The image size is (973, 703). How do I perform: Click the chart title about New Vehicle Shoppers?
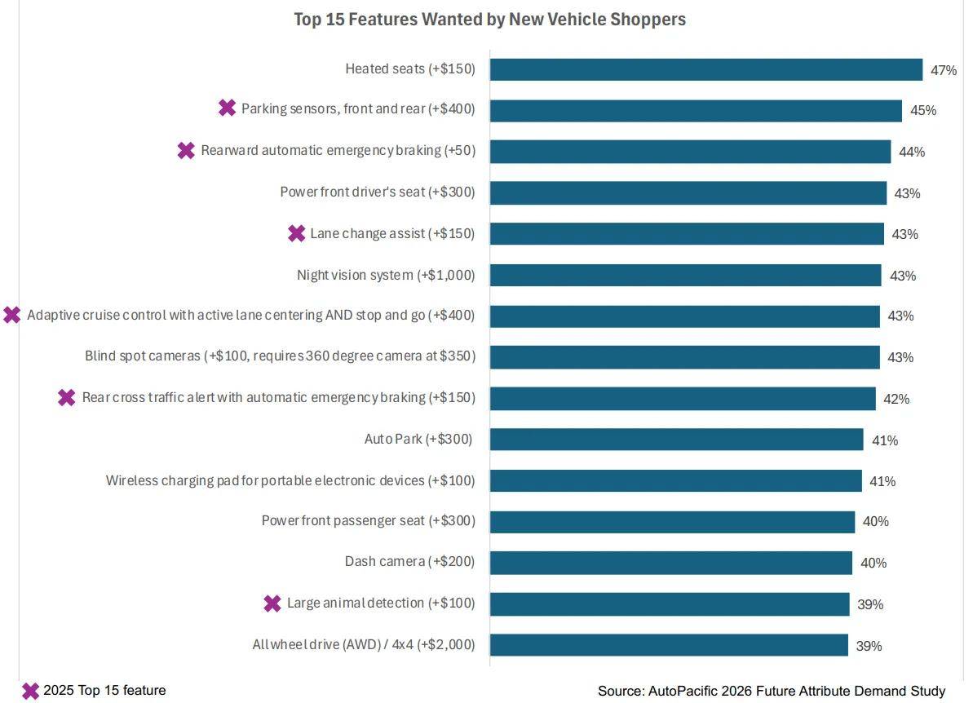489,20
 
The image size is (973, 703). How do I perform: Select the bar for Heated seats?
706,69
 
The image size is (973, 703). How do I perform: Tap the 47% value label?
943,70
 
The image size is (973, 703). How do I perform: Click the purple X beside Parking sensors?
227,108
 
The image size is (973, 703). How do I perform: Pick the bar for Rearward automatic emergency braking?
690,152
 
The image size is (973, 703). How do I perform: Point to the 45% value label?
922,110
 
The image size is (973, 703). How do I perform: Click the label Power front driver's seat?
378,192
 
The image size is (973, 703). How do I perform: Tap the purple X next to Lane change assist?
297,233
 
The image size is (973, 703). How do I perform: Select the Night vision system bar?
686,275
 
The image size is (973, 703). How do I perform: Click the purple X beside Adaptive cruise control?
11,315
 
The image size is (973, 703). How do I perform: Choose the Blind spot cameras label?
280,356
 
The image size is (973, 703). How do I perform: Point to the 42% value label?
896,399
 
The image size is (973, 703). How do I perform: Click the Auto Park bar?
676,440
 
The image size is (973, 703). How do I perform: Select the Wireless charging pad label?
290,480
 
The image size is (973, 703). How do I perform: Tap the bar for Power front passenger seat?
673,522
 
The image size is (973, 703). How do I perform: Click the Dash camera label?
409,562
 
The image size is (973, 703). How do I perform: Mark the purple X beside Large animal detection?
272,604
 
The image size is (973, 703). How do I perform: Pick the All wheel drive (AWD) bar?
669,645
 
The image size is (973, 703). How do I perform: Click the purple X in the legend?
30,691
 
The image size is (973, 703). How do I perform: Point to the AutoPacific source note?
772,692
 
